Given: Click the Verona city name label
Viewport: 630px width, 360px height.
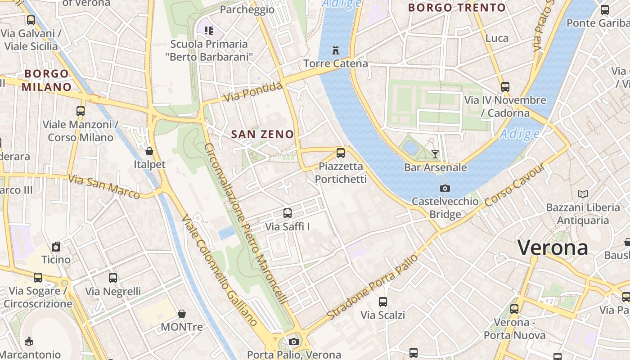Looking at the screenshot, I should tap(552, 248).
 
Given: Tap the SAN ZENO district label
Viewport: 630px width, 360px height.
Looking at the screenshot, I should tap(262, 134).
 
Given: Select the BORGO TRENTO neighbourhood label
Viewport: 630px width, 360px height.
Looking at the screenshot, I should tap(457, 8).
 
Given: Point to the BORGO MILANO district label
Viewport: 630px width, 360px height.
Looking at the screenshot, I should tap(47, 80).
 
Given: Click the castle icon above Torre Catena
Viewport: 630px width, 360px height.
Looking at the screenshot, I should tap(335, 50).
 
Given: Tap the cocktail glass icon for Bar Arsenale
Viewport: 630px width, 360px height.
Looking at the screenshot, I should tap(435, 154).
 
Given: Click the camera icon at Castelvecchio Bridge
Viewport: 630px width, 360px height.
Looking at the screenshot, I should tap(445, 188).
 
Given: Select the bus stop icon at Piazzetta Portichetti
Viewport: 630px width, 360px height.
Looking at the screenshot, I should tap(341, 153).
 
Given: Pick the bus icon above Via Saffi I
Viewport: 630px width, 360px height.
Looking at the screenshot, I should tap(288, 213).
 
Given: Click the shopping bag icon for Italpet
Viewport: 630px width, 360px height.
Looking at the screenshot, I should tap(149, 151).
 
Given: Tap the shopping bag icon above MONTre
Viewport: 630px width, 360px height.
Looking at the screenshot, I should tap(182, 314).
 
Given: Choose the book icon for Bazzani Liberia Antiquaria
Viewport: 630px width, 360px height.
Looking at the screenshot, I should tap(583, 194).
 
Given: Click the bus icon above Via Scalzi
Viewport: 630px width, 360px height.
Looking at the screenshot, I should tap(383, 302).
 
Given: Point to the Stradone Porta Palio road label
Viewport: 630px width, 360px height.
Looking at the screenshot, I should tap(373, 288).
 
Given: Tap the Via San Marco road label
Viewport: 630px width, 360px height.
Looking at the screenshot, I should tap(104, 186).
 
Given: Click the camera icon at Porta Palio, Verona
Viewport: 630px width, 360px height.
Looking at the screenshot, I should tap(294, 342).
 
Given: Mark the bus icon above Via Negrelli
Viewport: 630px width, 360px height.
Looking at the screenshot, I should tap(113, 278).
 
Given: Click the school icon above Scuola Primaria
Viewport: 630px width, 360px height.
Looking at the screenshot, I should tap(208, 31).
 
